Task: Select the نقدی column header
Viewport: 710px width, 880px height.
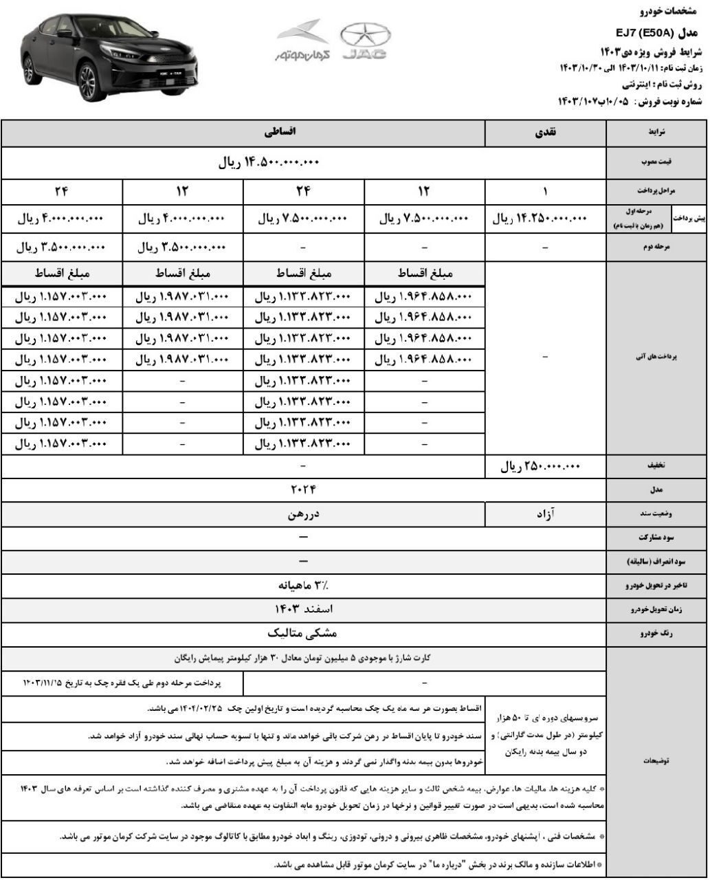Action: (x=546, y=133)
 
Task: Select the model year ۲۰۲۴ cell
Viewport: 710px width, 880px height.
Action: (x=302, y=490)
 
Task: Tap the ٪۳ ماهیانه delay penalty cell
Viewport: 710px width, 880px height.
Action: (x=302, y=585)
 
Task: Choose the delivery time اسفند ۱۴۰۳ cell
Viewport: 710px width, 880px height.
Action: (x=302, y=609)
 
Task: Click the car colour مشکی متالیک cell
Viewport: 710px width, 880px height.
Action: (x=302, y=632)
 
